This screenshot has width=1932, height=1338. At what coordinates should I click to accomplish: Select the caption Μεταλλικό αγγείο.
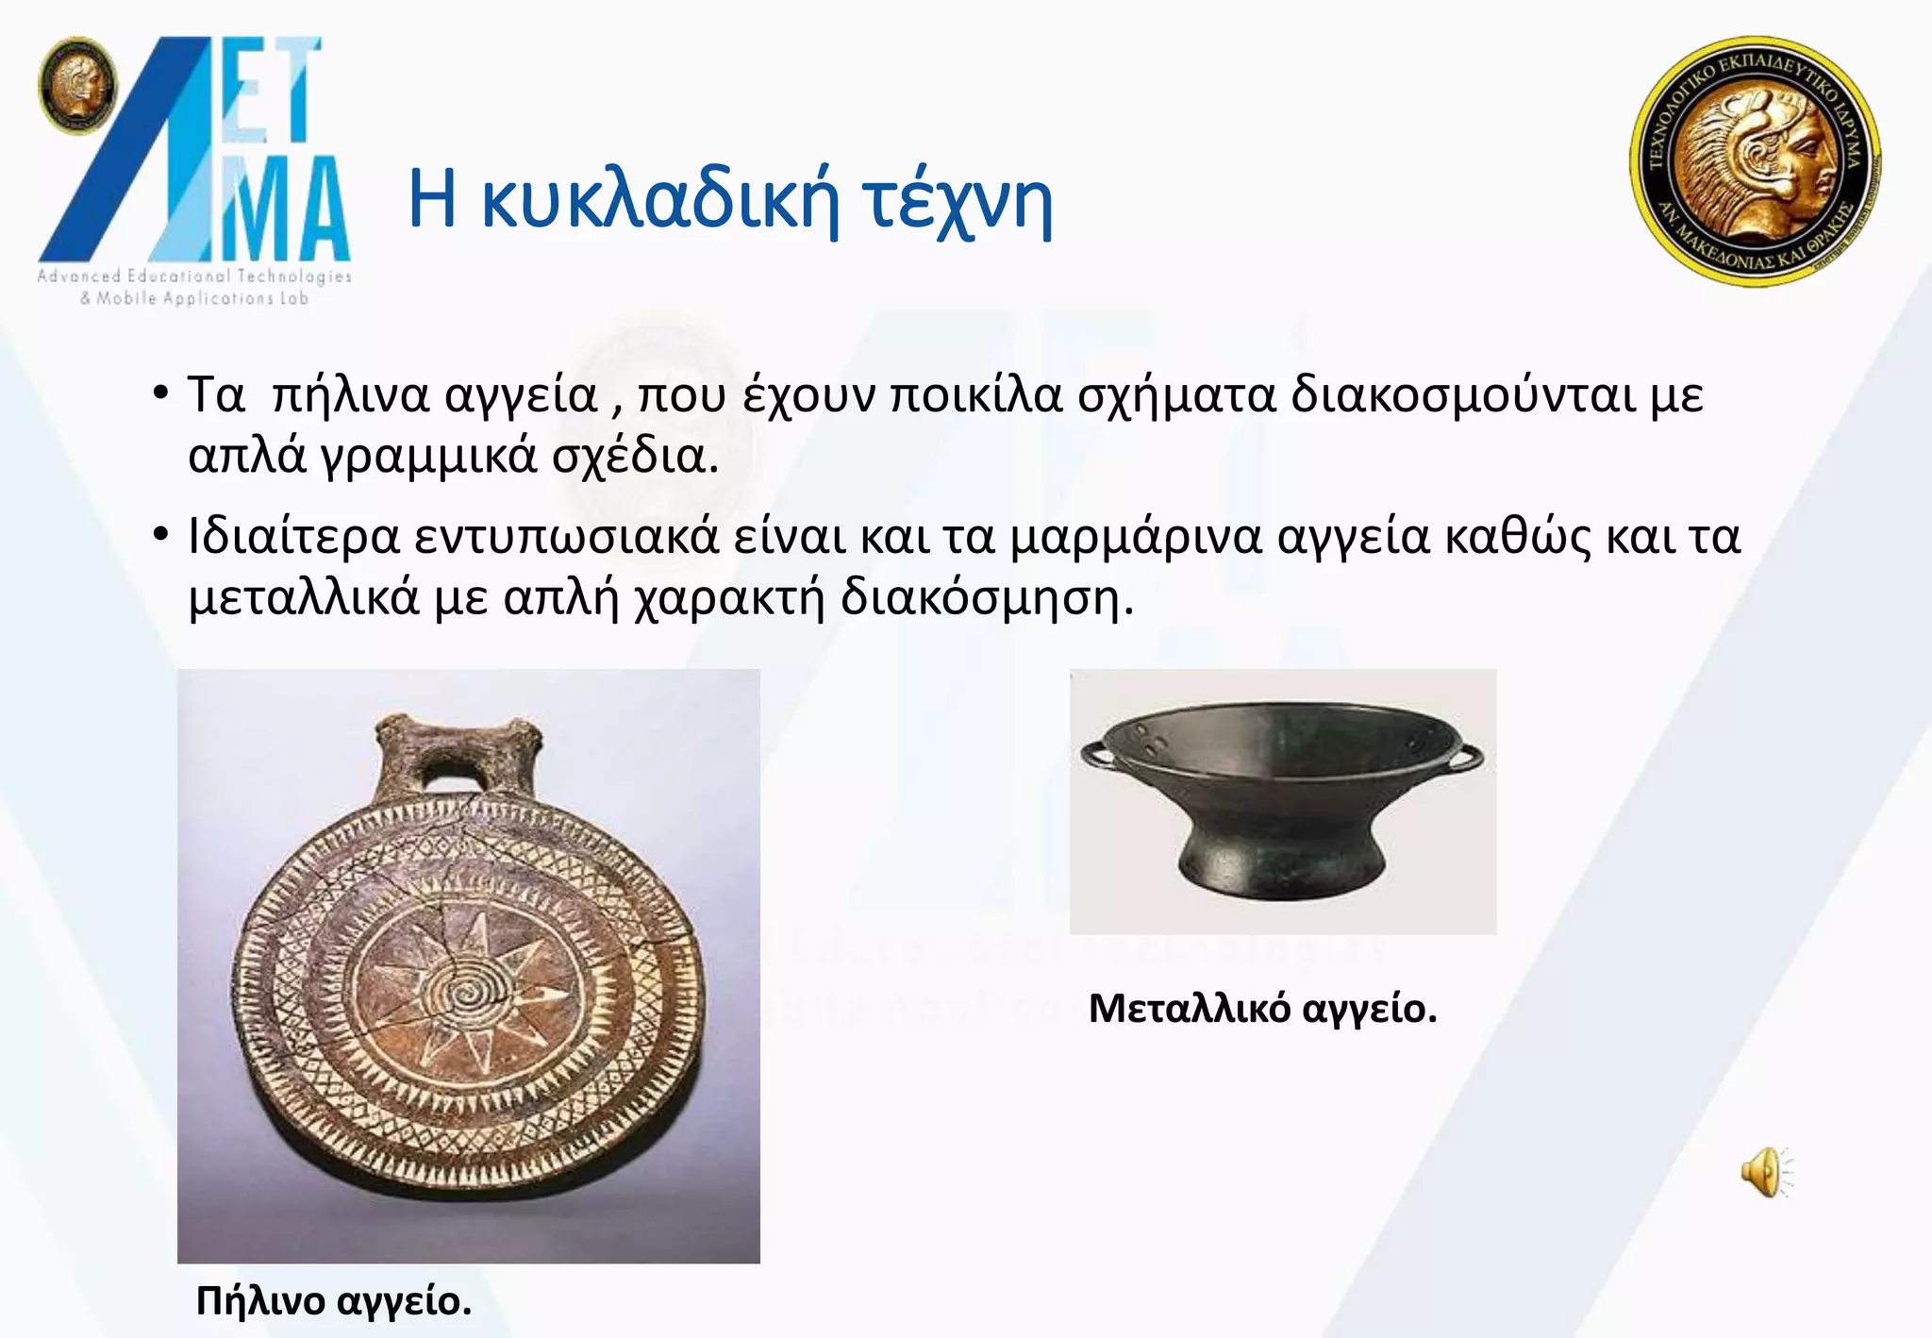(x=1262, y=1009)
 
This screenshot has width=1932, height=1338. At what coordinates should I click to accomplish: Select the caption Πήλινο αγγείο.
(x=334, y=1301)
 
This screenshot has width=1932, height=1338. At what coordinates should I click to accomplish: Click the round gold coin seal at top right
(x=1756, y=161)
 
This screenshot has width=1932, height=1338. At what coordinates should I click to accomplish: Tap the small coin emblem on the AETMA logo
(x=77, y=85)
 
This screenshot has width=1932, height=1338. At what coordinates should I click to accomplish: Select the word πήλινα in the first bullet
(x=350, y=394)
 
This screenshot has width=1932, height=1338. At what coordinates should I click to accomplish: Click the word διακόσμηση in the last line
(x=986, y=597)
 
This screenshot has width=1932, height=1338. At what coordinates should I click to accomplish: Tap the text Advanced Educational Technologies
(x=194, y=276)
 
